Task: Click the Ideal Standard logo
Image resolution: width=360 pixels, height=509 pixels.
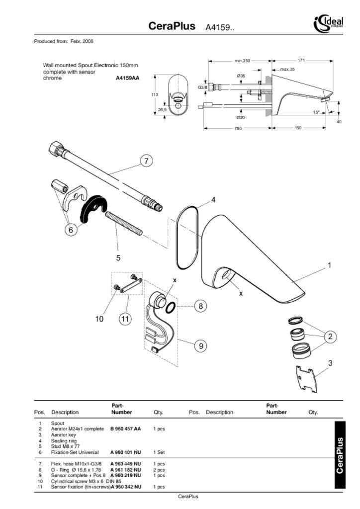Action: (328, 23)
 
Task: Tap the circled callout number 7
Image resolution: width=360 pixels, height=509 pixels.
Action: (146, 161)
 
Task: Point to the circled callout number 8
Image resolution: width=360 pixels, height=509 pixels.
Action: (200, 306)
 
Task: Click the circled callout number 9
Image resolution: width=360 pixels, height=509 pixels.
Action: (200, 345)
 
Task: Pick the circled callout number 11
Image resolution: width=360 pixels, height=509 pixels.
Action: (125, 319)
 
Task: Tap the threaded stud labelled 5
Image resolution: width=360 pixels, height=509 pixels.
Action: (123, 224)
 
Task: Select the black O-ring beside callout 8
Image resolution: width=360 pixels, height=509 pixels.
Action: (170, 308)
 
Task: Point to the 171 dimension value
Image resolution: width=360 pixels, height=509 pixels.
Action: (301, 61)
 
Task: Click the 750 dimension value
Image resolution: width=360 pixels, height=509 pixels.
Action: (238, 128)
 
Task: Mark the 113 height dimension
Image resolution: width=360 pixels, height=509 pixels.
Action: (155, 94)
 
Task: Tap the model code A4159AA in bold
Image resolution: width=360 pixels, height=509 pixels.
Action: (128, 78)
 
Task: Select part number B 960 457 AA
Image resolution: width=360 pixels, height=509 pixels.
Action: (125, 429)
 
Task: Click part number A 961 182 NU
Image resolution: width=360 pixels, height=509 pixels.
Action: (125, 470)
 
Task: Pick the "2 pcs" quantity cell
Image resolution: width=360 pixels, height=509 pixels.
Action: (159, 470)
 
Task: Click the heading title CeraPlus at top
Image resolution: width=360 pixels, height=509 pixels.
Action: (172, 26)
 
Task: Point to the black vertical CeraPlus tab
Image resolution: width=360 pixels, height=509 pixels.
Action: (340, 455)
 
